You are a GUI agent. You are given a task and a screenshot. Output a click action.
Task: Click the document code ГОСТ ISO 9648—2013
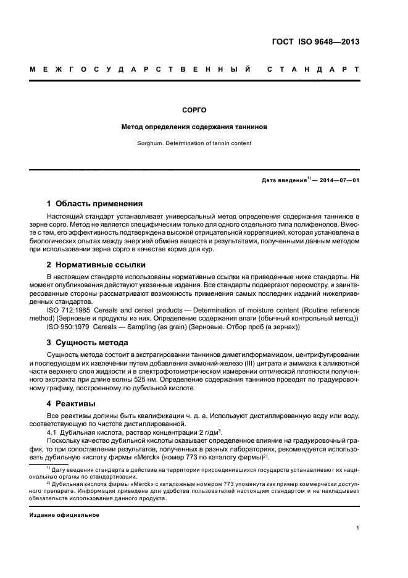click(x=315, y=42)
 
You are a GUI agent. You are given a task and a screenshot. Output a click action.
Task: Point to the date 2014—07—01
click(x=338, y=180)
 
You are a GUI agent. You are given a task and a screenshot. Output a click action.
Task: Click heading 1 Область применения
click(x=95, y=203)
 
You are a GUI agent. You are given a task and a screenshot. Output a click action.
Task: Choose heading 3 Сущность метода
click(x=88, y=342)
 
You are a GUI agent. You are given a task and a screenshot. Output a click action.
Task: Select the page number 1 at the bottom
click(x=358, y=529)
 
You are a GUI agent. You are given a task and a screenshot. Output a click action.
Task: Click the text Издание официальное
click(x=64, y=515)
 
